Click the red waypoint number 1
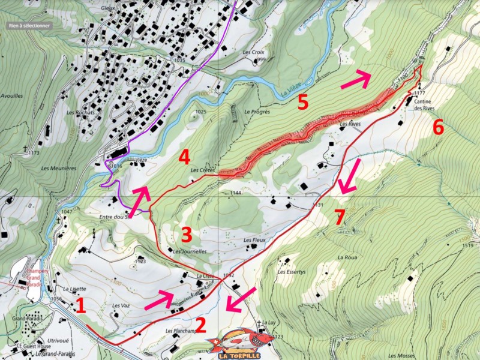point(80,306)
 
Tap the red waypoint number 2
point(200,325)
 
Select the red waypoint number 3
point(186,233)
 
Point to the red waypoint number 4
point(184,158)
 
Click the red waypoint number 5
point(303,102)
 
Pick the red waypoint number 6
point(438,127)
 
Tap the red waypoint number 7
point(340,218)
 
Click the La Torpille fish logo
point(239,343)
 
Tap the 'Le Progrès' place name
point(258,112)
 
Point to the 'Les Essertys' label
point(289,272)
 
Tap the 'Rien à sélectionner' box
point(29,26)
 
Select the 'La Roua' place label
point(347,257)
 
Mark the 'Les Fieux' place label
point(254,240)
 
